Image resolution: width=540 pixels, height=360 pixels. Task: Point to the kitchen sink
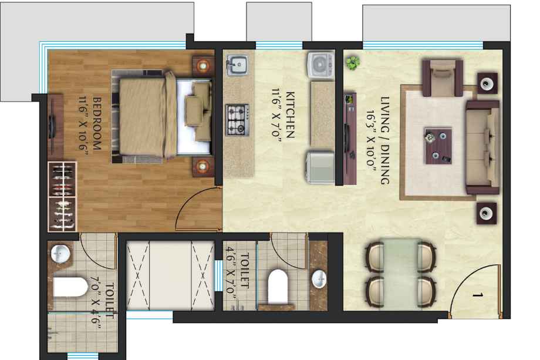[x=237, y=65]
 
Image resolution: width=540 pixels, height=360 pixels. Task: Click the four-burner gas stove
[x=237, y=120]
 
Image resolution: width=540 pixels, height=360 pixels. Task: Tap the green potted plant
[x=353, y=63]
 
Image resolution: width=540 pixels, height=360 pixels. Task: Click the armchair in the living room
[x=443, y=78]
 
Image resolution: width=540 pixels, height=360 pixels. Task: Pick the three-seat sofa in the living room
[x=482, y=147]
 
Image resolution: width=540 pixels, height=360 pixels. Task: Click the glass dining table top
[x=400, y=274]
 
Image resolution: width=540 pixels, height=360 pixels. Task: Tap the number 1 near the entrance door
[x=477, y=295]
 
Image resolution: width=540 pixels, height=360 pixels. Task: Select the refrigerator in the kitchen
[x=320, y=167]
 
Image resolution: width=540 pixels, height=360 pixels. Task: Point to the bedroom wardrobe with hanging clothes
[x=62, y=196]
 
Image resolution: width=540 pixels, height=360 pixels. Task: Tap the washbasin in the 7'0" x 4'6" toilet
[x=60, y=254]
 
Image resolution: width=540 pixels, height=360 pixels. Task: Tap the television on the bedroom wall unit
[x=52, y=127]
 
